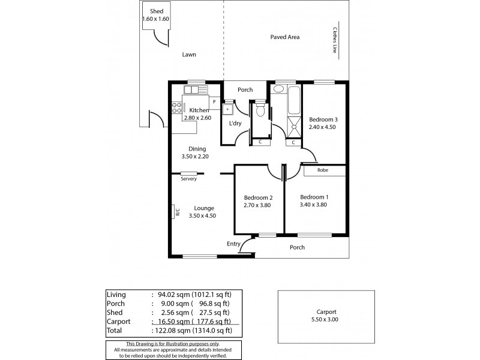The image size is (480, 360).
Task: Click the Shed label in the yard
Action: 156,11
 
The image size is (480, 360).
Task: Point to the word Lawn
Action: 189,55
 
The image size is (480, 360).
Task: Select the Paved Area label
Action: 285,37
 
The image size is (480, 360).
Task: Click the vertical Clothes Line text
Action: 334,41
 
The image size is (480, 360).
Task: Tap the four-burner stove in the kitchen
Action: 177,107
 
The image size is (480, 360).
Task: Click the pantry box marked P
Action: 214,102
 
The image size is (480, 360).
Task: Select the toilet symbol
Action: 260,110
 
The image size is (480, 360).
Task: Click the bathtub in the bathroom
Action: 293,100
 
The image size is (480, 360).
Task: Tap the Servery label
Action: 188,179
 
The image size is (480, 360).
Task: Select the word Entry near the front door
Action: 233,244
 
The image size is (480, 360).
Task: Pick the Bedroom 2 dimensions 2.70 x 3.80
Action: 259,205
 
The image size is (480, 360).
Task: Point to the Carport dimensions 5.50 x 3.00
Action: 326,320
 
